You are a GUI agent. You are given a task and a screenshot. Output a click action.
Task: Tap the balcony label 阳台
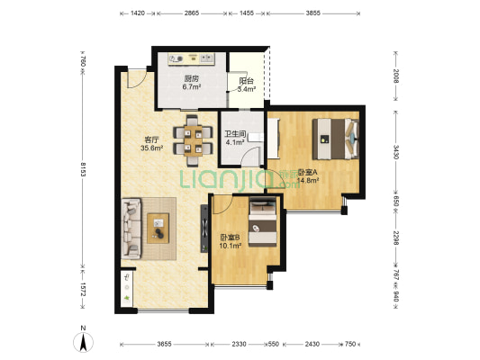click(x=247, y=81)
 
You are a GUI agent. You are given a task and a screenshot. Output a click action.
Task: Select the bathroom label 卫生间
click(x=235, y=134)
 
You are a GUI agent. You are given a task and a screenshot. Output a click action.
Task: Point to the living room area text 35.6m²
click(x=151, y=148)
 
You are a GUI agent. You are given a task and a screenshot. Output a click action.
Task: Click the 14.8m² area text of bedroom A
click(x=308, y=181)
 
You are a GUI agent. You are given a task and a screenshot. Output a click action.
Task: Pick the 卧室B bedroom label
click(x=231, y=237)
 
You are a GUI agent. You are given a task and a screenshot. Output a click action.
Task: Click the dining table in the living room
click(x=193, y=141)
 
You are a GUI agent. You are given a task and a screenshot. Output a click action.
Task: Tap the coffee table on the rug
click(x=158, y=229)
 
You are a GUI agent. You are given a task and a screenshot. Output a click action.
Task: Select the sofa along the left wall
click(x=131, y=229)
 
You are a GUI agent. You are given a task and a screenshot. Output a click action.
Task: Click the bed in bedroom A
click(x=335, y=139)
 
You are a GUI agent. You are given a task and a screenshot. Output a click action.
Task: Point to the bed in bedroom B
click(x=263, y=222)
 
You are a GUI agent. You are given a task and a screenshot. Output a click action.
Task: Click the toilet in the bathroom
click(x=255, y=138)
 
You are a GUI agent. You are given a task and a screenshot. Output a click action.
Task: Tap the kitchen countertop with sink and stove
click(x=191, y=58)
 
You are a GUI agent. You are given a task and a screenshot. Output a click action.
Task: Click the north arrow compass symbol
click(x=83, y=342)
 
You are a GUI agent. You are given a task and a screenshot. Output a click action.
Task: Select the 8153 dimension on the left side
click(x=83, y=169)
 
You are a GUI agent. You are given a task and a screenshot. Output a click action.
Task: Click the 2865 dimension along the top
click(x=192, y=13)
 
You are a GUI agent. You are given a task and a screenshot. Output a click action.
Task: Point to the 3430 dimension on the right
click(x=396, y=152)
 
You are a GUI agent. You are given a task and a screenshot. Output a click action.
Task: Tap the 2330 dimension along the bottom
click(x=239, y=344)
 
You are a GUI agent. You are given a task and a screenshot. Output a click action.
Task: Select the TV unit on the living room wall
click(x=204, y=229)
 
